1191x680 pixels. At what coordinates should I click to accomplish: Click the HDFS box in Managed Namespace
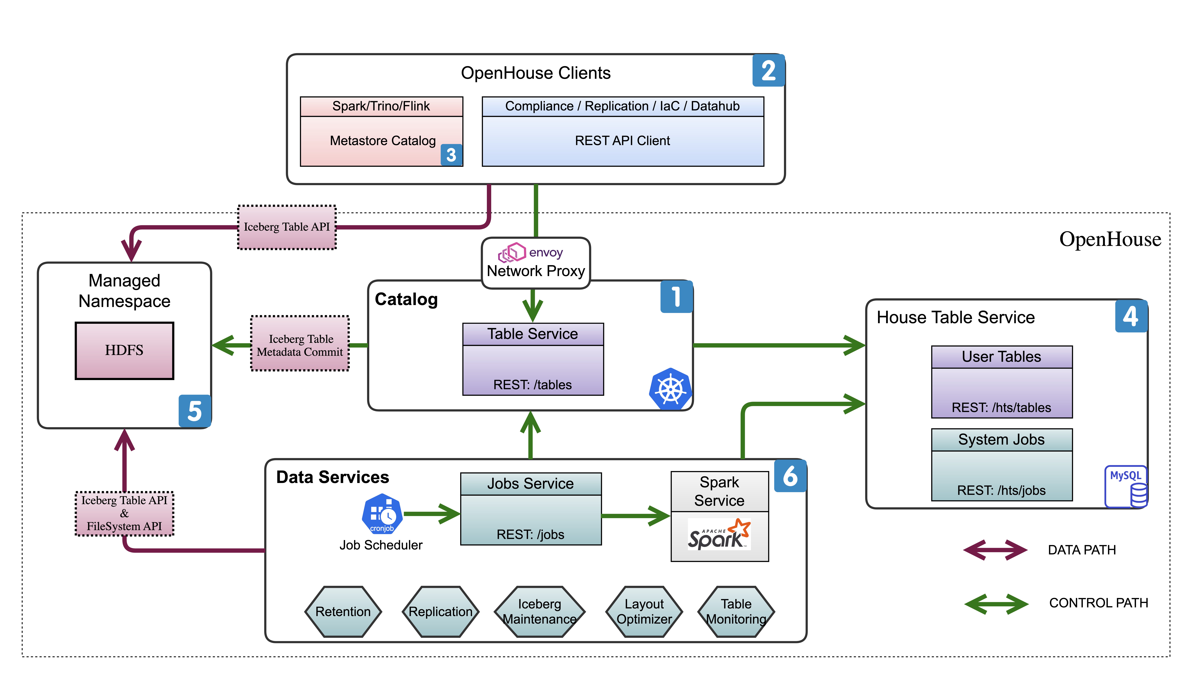[x=124, y=350]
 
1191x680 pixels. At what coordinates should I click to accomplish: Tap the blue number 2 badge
[x=768, y=71]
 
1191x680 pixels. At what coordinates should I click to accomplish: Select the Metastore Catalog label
[x=382, y=141]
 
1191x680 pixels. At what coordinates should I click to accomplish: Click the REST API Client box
[x=622, y=141]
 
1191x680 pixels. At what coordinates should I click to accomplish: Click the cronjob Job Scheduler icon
[x=382, y=514]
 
